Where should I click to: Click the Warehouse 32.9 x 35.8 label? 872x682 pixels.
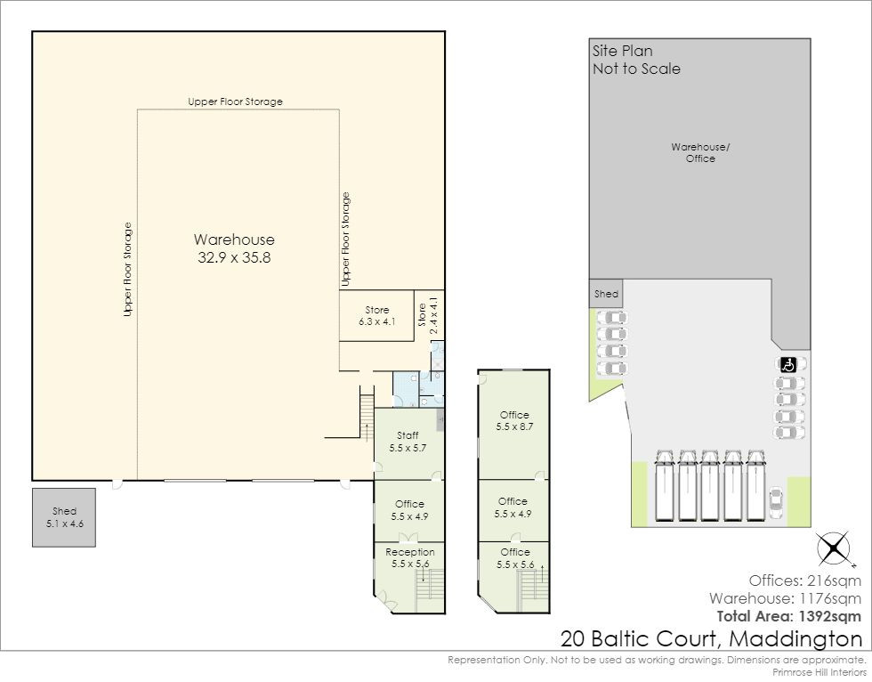tap(234, 248)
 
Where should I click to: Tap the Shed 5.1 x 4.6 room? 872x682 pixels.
tap(64, 517)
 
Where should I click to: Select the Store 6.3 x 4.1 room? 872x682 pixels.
tap(376, 315)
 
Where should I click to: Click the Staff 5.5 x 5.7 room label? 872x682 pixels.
tap(408, 442)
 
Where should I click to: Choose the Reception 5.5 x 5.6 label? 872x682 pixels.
tap(410, 557)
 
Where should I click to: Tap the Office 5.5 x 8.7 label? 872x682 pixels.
tap(514, 420)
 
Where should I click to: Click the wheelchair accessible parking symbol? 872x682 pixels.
tap(788, 365)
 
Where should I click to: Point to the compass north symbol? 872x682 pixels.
tap(834, 548)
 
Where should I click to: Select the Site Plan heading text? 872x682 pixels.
tap(622, 51)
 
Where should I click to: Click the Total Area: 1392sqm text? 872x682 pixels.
tap(789, 616)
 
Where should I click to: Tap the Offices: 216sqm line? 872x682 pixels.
tap(804, 581)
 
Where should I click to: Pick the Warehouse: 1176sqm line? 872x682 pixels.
tap(785, 598)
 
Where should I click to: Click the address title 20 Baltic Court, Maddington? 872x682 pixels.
tap(711, 638)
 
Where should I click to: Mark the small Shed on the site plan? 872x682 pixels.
tap(606, 293)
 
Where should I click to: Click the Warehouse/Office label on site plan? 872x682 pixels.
tap(700, 152)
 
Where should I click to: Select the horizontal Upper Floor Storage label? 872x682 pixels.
tap(235, 101)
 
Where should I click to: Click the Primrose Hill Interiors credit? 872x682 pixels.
tap(820, 672)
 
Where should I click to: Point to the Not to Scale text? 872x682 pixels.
tap(636, 69)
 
